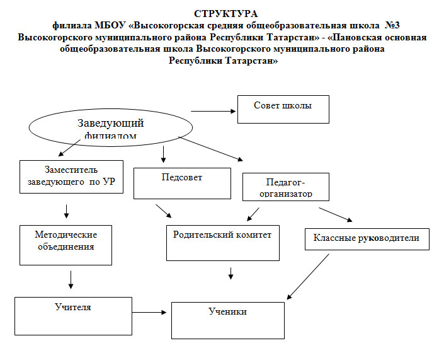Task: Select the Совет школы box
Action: coord(283,109)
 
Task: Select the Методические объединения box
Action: coord(65,244)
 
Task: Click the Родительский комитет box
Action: coord(222,243)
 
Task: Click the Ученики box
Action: coord(227,320)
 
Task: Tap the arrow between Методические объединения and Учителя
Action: coord(71,279)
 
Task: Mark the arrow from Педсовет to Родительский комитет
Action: coord(162,211)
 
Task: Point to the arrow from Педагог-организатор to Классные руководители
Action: coord(336,212)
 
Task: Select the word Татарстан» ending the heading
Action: coord(251,61)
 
